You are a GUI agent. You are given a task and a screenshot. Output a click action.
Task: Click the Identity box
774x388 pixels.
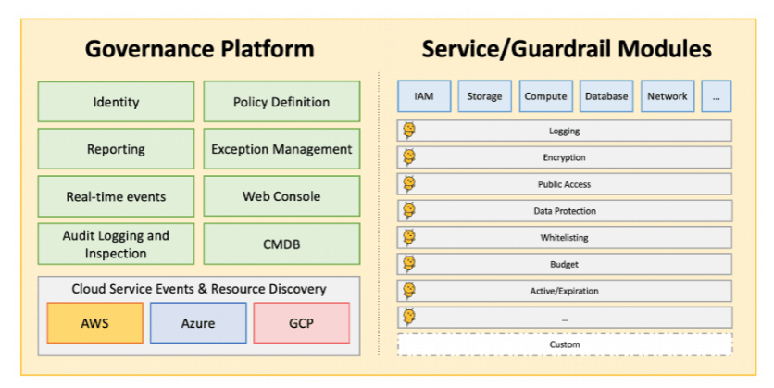coord(116,102)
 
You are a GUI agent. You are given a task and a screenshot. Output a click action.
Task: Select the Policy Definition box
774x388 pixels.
coord(281,102)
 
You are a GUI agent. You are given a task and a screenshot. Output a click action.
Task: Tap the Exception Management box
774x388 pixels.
coord(281,149)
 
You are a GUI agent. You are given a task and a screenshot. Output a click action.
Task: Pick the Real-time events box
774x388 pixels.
coord(116,196)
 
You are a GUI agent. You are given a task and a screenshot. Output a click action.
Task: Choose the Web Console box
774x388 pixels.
coord(281,196)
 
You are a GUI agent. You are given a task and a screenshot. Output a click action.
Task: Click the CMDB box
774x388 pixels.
coord(281,244)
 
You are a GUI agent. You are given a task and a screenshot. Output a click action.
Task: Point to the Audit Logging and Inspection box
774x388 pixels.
coord(116,244)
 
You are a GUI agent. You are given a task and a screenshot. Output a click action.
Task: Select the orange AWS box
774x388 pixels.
coord(95,323)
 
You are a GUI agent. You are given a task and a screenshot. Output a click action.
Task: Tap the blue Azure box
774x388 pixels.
coord(198,323)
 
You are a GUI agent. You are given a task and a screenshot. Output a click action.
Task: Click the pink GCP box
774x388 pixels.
coord(302,323)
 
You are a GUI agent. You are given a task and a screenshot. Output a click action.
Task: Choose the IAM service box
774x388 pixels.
coord(424,96)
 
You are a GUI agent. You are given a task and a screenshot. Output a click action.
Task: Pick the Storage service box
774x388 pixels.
coord(485,96)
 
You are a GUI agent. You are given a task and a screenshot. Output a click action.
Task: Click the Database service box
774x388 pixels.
coord(606,96)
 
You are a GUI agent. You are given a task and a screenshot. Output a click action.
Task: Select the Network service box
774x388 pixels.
coord(668,96)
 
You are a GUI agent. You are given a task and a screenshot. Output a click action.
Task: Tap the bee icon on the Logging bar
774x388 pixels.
coord(409,131)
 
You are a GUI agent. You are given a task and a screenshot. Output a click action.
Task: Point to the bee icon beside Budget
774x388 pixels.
coord(409,264)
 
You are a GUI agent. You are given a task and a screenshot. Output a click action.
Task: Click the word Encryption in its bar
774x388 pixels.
coord(564,158)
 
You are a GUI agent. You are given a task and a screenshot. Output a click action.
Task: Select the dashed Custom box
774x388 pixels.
coord(565,344)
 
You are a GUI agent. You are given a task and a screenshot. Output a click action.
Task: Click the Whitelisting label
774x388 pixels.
coord(564,237)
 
